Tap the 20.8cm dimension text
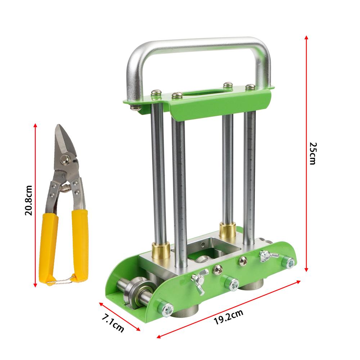pos(28,200)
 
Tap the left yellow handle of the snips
pos(50,245)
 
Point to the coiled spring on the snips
pos(65,187)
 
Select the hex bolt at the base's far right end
pos(288,262)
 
